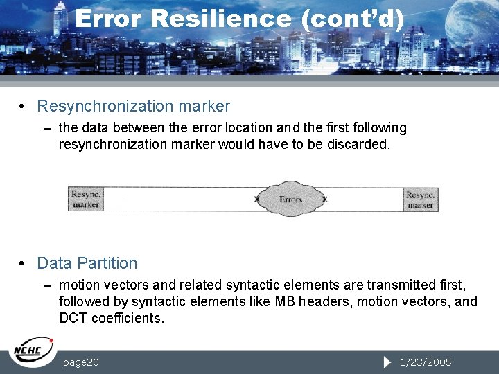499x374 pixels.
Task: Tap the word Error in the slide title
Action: [x=108, y=19]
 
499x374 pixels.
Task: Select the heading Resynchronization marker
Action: [x=133, y=106]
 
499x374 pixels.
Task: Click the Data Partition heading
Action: [x=87, y=263]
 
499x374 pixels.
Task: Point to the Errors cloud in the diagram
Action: [x=290, y=199]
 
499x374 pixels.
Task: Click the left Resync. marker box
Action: [x=86, y=199]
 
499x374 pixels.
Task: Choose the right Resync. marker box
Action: [x=420, y=199]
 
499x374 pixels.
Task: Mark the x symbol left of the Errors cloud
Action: [x=257, y=199]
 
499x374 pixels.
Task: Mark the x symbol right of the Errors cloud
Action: [x=324, y=199]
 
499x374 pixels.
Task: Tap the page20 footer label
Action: [x=80, y=362]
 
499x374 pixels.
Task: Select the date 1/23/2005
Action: [x=426, y=362]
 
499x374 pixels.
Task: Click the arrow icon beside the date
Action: [x=387, y=362]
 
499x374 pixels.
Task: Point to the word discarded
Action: [x=361, y=145]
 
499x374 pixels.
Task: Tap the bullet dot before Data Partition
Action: [x=23, y=263]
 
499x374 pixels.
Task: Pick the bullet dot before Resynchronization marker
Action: [x=23, y=106]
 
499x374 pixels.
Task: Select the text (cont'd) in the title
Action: [x=352, y=19]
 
